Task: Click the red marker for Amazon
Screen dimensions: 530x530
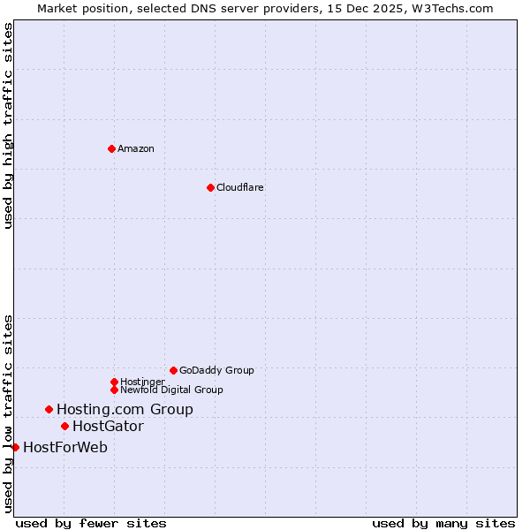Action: [x=111, y=148]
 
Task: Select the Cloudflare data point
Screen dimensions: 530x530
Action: [x=210, y=187]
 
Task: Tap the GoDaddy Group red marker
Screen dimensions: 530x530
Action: [x=173, y=370]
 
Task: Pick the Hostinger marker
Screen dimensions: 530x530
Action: [x=114, y=382]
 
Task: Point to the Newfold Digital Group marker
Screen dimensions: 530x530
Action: [x=114, y=390]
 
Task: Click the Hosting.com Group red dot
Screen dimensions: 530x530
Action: [x=49, y=409]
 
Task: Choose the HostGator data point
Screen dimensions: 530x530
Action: [x=64, y=426]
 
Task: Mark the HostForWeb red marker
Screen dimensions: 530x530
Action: [x=15, y=447]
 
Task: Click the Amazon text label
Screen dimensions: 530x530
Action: [x=136, y=148]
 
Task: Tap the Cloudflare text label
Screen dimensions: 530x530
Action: [x=240, y=187]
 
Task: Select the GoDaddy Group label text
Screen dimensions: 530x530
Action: [x=216, y=370]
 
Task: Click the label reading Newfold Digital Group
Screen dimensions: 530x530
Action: [x=171, y=390]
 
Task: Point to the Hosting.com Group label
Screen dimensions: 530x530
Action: [x=125, y=409]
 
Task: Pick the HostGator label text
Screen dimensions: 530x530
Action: [x=108, y=426]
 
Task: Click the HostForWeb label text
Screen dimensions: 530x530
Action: [x=65, y=447]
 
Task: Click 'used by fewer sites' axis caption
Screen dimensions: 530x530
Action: [x=91, y=523]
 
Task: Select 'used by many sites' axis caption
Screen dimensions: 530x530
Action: [x=443, y=523]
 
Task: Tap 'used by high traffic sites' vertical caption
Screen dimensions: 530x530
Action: [x=9, y=125]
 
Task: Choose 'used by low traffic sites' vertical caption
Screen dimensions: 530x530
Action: [x=9, y=413]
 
